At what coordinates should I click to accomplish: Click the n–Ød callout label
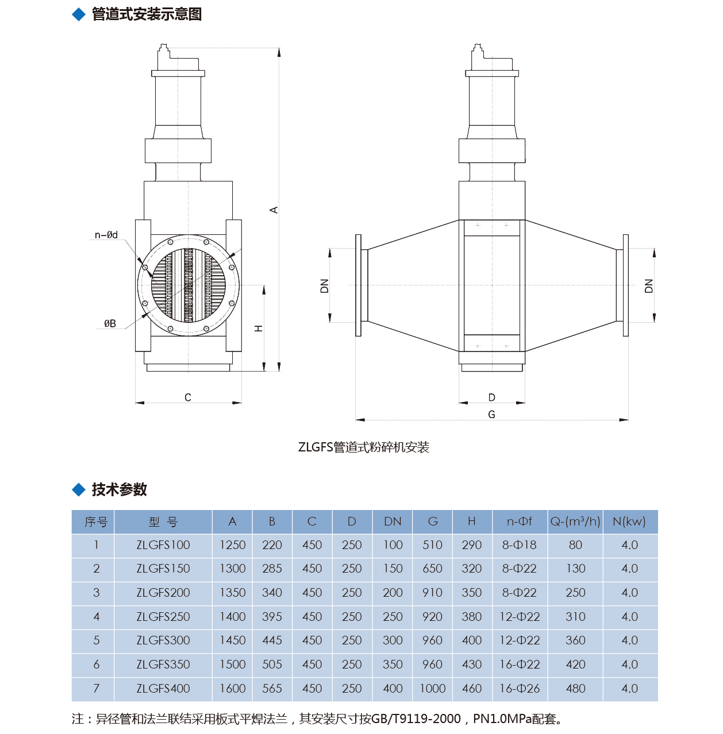point(106,235)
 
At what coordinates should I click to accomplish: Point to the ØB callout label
point(110,324)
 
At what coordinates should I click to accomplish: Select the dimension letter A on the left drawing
point(274,210)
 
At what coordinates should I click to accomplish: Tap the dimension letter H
point(259,329)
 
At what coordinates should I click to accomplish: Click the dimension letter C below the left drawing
point(188,397)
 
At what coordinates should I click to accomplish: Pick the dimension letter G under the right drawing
point(491,415)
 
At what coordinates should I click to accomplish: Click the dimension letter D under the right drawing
point(491,397)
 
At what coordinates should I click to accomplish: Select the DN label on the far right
point(649,285)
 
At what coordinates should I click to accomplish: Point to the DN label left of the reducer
point(325,285)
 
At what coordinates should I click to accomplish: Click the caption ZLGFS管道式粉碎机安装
point(364,447)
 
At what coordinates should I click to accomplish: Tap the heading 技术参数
point(120,489)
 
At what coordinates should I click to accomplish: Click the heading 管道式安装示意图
point(147,14)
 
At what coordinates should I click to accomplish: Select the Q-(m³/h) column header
point(575,521)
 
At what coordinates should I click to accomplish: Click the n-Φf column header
point(520,521)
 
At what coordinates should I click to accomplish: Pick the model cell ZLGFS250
point(163,617)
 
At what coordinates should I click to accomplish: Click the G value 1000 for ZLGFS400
point(432,689)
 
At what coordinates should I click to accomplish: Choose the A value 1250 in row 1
point(232,545)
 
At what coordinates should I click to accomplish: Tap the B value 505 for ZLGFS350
point(272,665)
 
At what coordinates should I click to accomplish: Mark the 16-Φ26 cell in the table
point(520,689)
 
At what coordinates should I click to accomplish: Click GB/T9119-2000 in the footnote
point(416,719)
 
